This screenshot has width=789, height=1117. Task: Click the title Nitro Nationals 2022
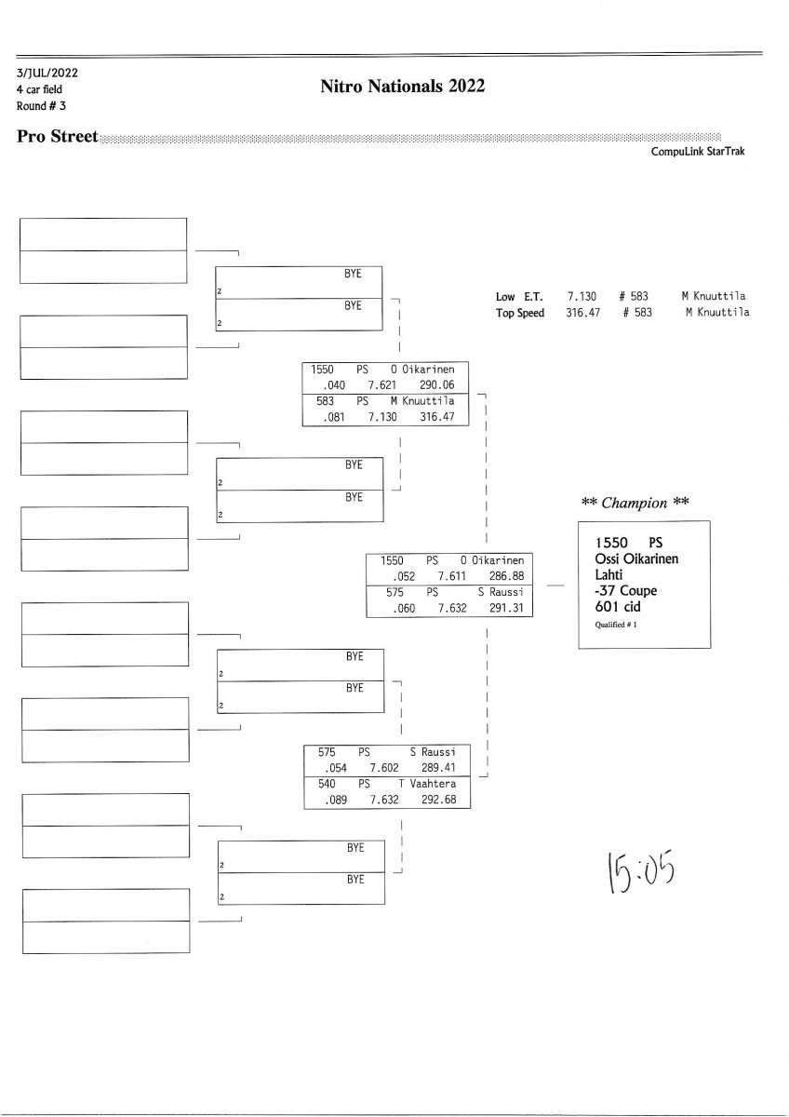tap(402, 87)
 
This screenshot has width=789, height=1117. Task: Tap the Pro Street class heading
tap(57, 137)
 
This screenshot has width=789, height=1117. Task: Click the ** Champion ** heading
tap(635, 503)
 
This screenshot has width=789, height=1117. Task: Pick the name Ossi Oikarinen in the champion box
tap(636, 558)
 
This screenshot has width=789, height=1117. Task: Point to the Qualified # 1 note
tap(616, 625)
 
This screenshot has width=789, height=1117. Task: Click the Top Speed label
tap(520, 313)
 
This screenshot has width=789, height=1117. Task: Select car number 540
tap(327, 784)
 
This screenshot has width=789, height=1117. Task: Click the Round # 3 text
tap(40, 105)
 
